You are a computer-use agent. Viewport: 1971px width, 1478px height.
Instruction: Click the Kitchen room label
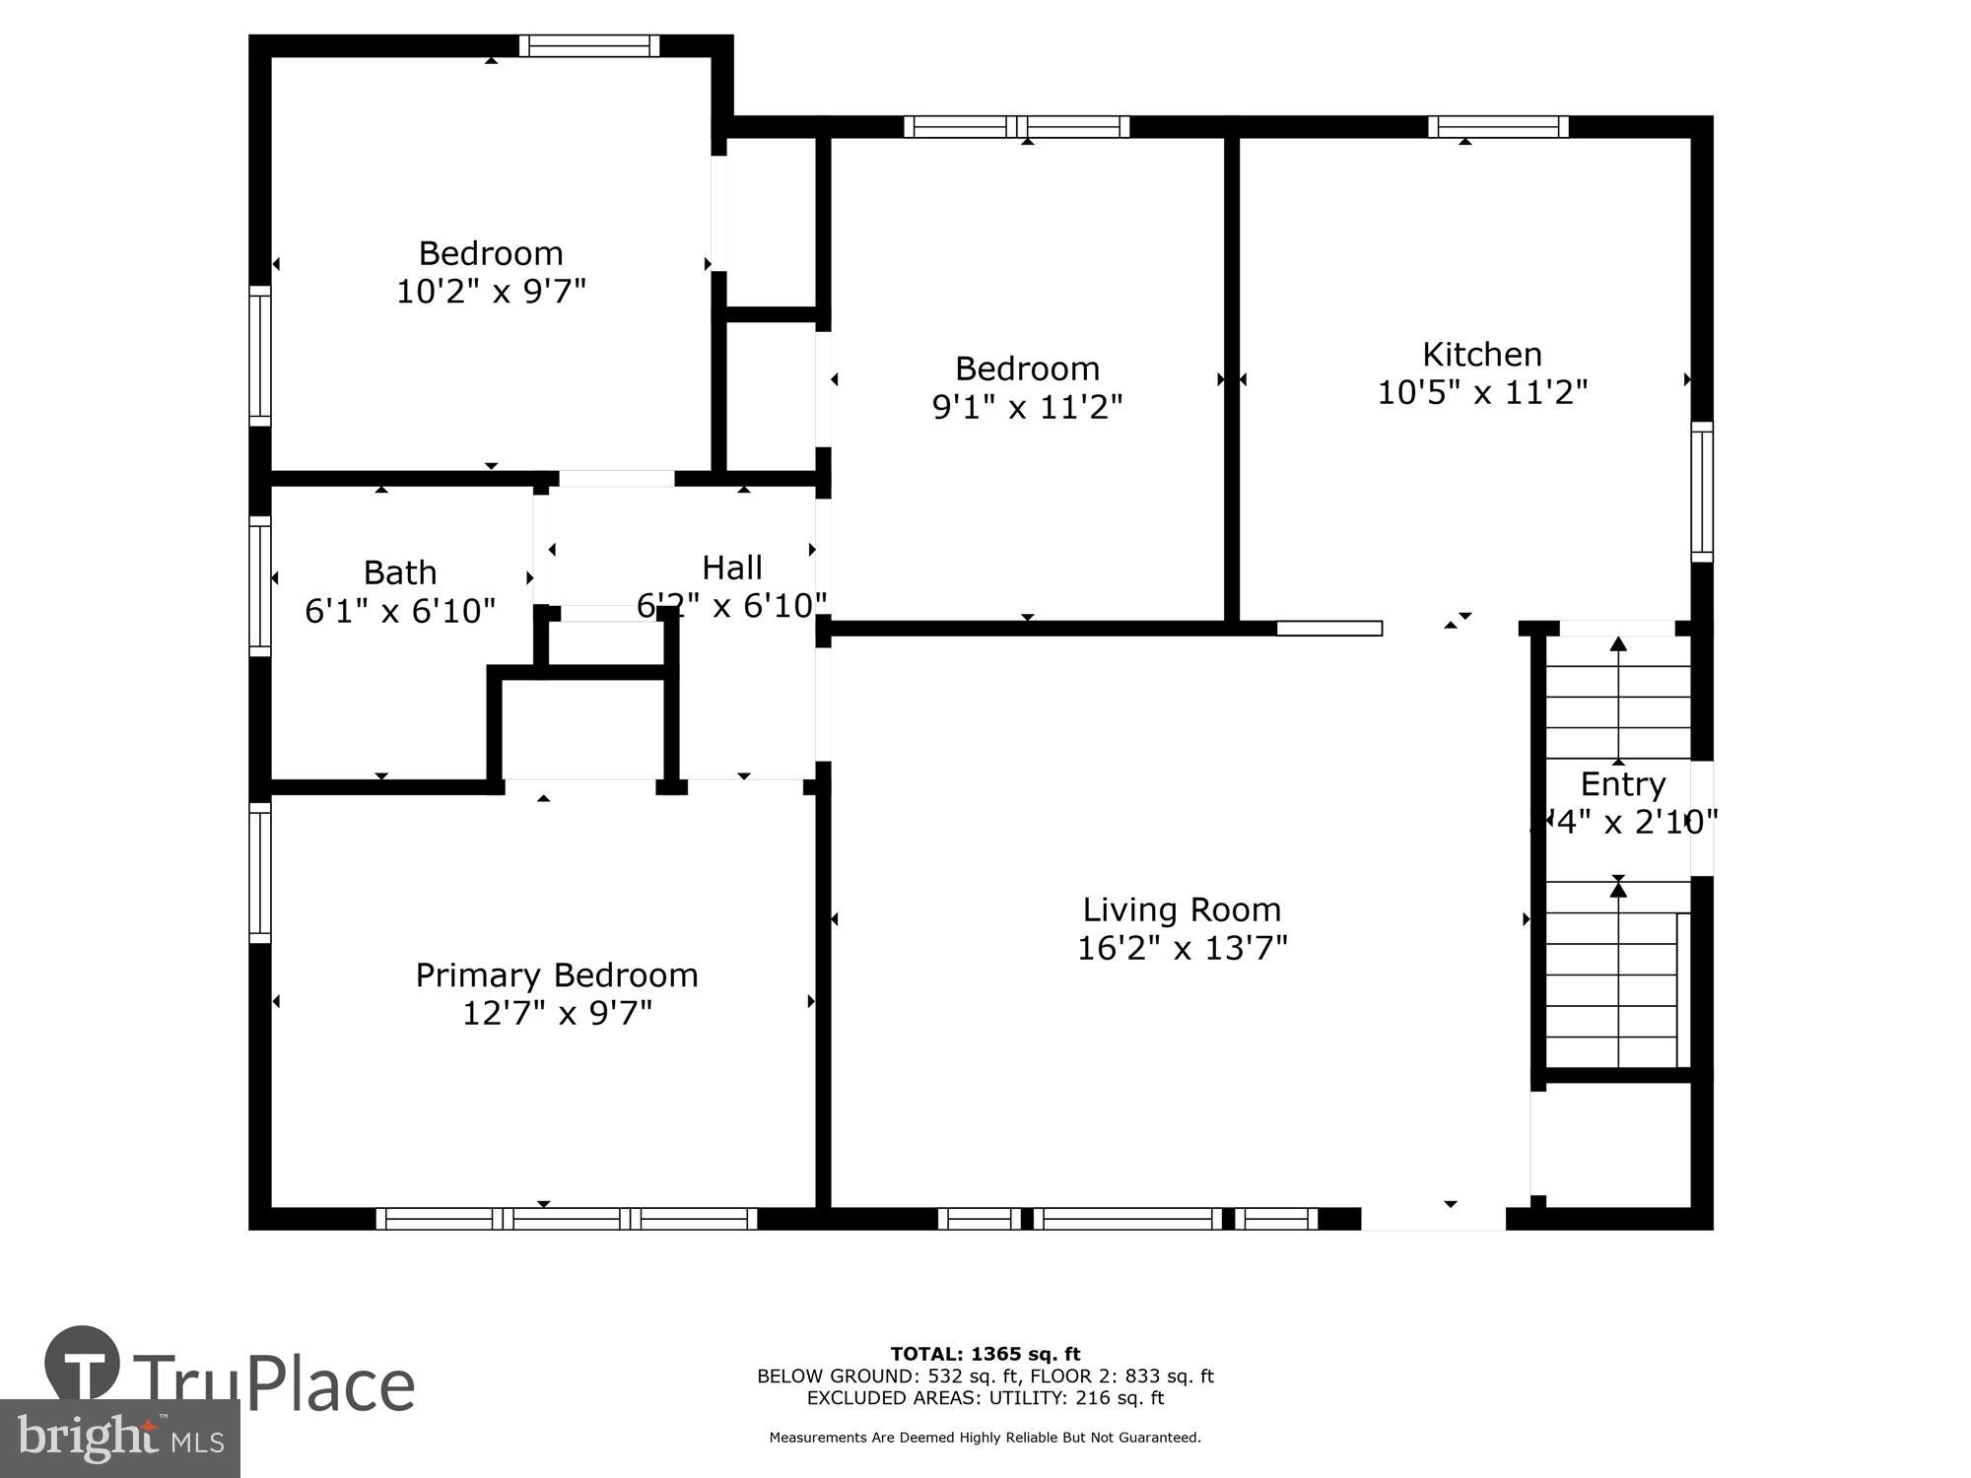coord(1481,354)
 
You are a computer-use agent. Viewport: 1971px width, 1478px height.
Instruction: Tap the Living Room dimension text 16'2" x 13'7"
coord(1182,948)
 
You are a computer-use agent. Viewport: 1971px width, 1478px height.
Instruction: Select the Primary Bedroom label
coord(556,974)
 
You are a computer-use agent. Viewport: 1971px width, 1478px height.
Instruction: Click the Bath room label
coord(399,572)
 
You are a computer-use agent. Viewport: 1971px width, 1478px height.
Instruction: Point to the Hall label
coord(731,568)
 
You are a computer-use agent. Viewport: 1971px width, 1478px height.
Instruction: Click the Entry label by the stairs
coord(1622,784)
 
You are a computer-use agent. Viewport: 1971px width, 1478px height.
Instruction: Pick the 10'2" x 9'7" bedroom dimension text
coord(491,292)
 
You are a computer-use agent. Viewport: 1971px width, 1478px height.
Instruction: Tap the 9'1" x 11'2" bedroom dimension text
coord(1027,407)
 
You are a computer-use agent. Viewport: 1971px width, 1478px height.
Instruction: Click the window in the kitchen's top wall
coord(1498,126)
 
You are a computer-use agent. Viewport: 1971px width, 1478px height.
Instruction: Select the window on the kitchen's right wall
coord(1702,492)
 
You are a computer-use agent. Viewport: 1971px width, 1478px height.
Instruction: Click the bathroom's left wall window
coord(259,585)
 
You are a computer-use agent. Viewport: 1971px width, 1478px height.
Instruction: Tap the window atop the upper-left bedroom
coord(589,45)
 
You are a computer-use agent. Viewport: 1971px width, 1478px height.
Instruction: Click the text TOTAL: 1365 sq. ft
coord(985,1354)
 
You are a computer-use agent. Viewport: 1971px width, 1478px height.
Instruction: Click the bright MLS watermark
coord(120,1439)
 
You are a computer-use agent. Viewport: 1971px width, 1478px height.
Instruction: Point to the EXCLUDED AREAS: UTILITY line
coord(985,1397)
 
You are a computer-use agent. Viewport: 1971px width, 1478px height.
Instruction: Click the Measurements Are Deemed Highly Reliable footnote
coord(985,1438)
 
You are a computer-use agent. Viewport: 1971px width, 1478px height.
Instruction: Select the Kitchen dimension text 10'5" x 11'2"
coord(1481,392)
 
